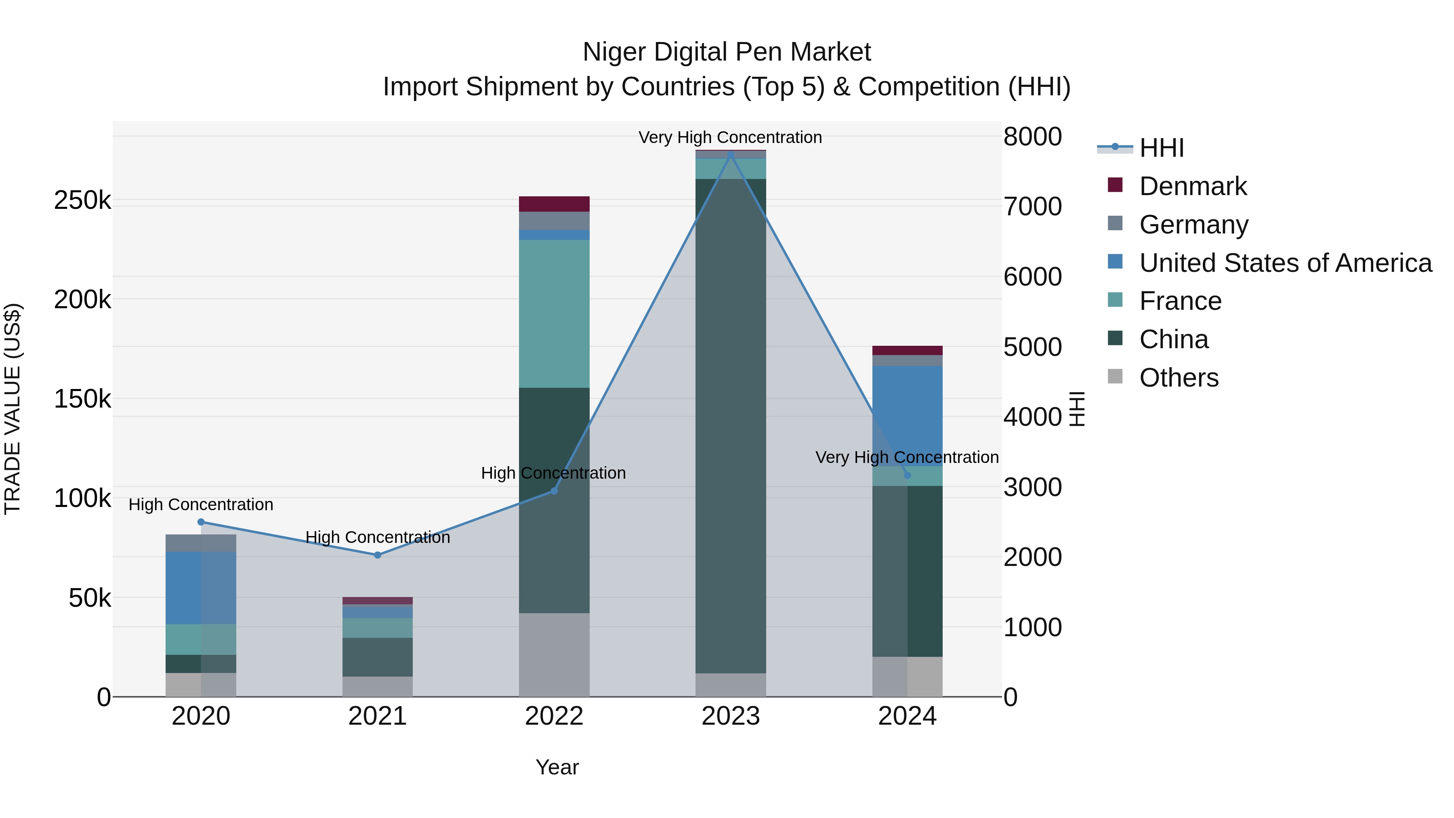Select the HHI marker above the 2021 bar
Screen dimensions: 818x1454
pos(378,555)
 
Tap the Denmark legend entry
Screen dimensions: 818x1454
pos(1192,186)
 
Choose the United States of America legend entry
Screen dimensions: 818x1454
pos(1285,263)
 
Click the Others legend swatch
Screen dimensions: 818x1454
pos(1115,376)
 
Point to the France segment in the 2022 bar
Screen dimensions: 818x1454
pos(554,313)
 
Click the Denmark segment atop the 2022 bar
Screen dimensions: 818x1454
pos(554,204)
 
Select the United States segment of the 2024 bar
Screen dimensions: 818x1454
pos(907,415)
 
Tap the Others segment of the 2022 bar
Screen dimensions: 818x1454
pos(554,654)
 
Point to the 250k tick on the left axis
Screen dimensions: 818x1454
pos(82,200)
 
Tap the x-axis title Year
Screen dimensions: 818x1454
pos(557,767)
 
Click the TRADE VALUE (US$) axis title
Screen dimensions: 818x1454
pos(13,409)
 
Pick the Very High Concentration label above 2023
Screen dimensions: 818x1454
pos(730,137)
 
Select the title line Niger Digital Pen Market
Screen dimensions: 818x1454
pos(727,52)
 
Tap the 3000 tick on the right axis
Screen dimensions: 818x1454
pos(1032,487)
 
